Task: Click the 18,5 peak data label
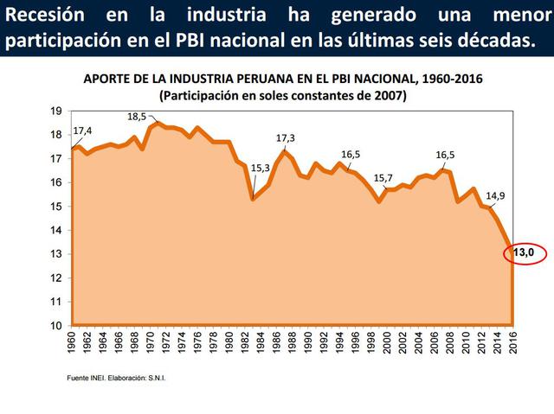[138, 117]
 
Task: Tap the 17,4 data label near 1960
[83, 131]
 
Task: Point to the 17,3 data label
[286, 138]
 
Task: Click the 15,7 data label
[383, 178]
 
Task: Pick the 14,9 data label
[496, 195]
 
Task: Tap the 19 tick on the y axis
[55, 111]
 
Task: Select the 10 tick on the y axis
[55, 326]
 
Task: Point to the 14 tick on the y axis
[55, 230]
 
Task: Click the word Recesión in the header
[44, 16]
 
